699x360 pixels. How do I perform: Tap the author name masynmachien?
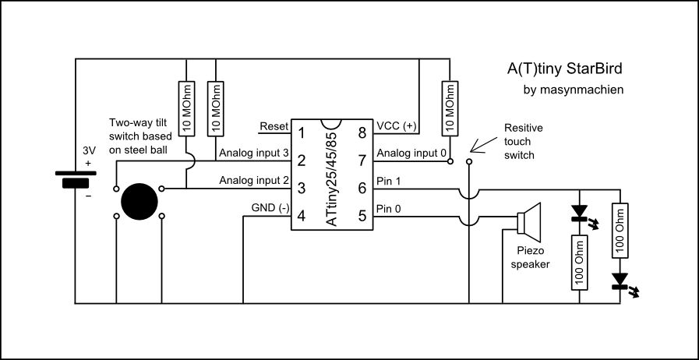point(574,90)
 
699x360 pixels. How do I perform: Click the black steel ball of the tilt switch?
point(139,200)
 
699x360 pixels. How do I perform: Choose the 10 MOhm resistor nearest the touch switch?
point(447,108)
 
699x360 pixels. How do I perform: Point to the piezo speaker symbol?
point(529,220)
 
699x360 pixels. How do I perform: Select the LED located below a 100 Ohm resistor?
point(621,281)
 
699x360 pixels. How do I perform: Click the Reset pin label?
point(274,127)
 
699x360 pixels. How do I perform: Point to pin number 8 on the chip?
point(362,133)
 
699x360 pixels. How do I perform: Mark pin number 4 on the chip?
point(301,216)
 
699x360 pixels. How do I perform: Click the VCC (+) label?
point(396,126)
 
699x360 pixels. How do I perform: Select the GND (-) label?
point(270,209)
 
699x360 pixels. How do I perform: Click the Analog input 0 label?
point(411,153)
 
